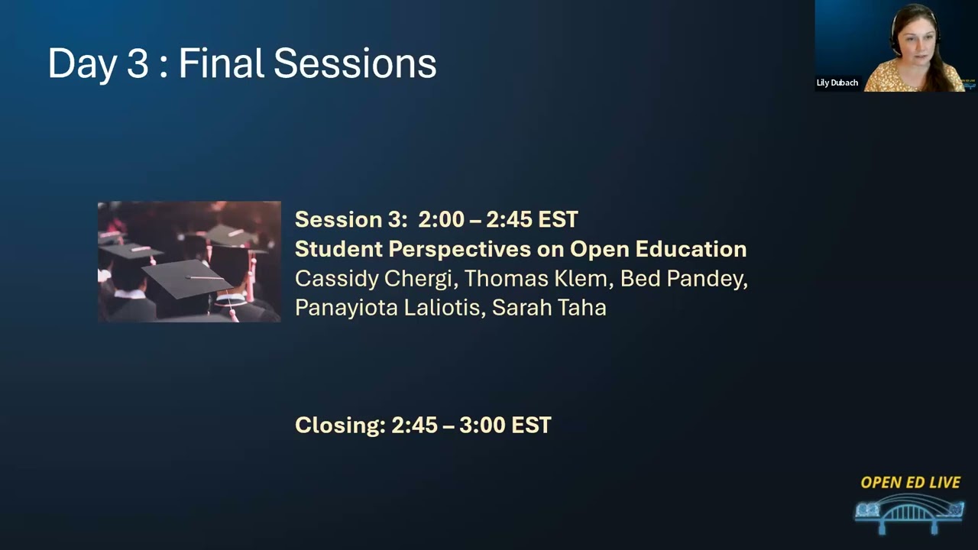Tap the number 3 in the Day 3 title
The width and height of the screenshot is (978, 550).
click(x=138, y=63)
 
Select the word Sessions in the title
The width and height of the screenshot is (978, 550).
click(x=355, y=63)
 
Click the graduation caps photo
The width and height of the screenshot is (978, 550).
click(x=189, y=261)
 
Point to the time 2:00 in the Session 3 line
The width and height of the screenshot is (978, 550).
click(x=441, y=220)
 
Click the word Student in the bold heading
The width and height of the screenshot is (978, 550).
click(x=338, y=249)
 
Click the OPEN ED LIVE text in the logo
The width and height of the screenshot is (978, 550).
click(x=910, y=483)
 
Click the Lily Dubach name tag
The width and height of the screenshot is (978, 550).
click(x=837, y=82)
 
